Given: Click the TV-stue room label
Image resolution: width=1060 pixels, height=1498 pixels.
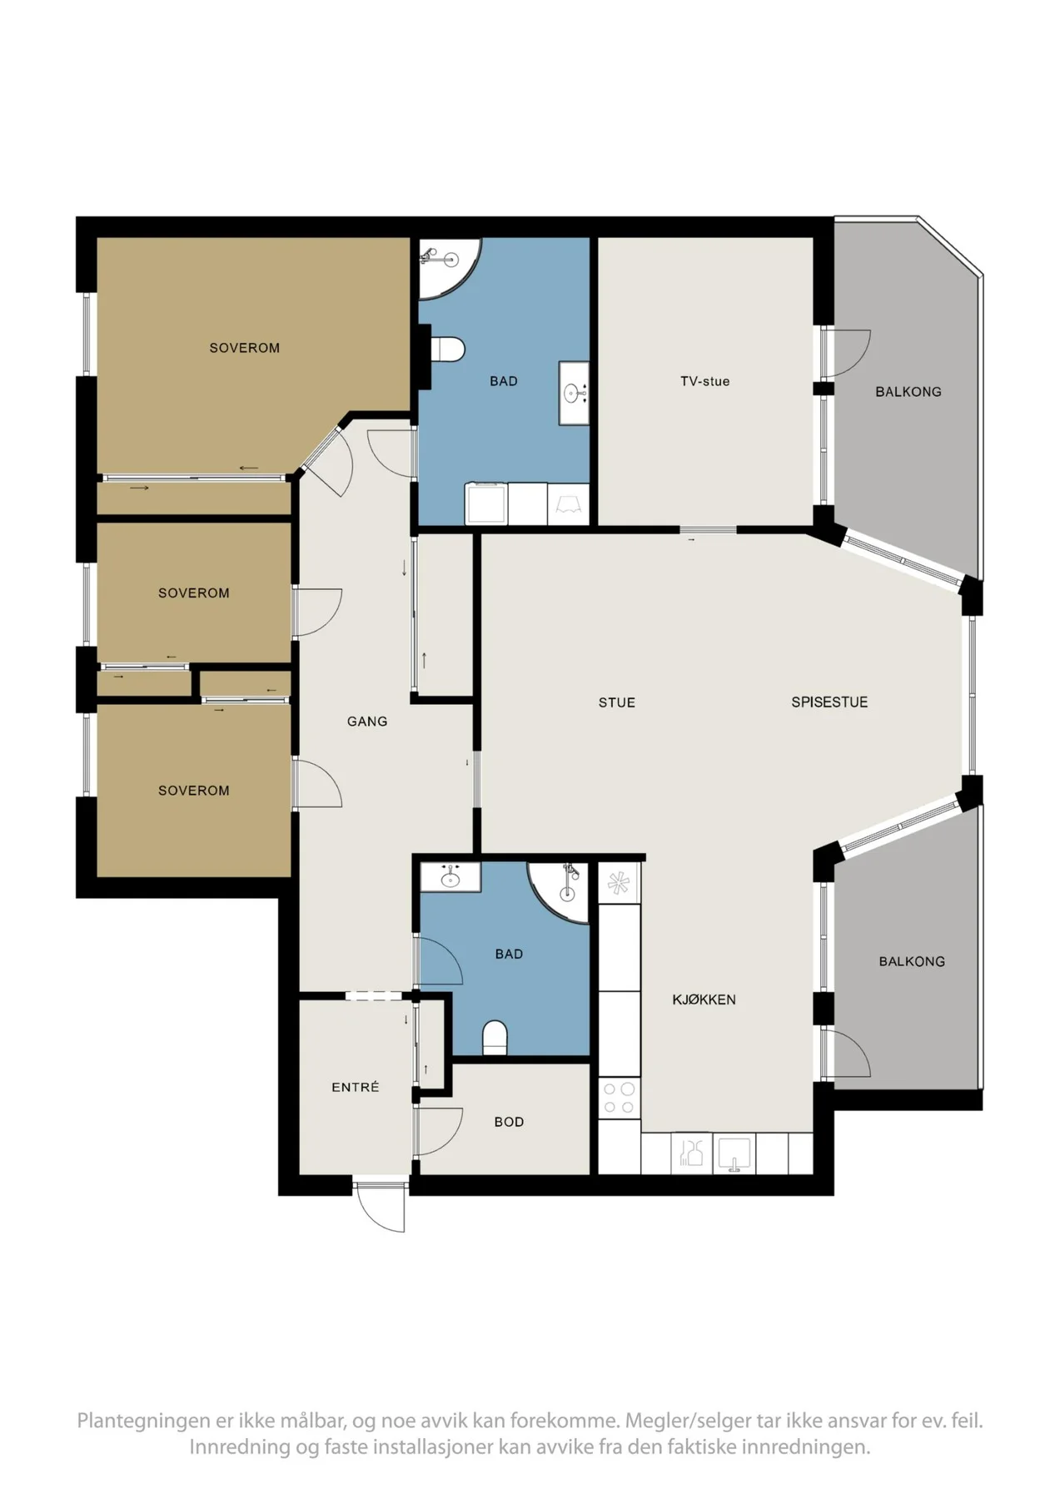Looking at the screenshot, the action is (x=704, y=381).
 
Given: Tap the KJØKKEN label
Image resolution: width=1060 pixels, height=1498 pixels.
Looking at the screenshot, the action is (x=704, y=999).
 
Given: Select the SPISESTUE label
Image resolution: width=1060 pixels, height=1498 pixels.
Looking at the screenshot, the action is (x=829, y=702).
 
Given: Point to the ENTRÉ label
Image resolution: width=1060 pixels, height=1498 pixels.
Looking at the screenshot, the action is (x=355, y=1087).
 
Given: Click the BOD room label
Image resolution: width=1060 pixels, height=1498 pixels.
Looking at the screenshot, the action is (x=509, y=1122).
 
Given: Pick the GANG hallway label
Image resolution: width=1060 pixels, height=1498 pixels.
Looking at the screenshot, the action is (x=367, y=722).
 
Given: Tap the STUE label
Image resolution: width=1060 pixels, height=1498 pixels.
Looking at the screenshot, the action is (x=616, y=702).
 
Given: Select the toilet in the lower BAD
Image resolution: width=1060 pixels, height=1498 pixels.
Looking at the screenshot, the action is (x=495, y=1038).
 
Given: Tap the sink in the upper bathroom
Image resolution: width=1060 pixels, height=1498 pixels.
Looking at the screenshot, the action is (x=574, y=393).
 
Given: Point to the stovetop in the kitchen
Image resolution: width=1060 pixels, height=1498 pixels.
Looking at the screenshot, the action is (x=619, y=1098).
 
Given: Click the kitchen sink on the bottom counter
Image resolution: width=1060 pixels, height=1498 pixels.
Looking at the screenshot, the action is (x=734, y=1153).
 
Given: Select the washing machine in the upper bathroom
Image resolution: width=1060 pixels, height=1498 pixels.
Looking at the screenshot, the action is (x=486, y=503).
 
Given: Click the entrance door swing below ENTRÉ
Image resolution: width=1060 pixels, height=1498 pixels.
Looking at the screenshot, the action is (x=381, y=1207).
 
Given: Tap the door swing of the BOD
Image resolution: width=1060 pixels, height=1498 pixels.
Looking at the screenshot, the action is (x=439, y=1131).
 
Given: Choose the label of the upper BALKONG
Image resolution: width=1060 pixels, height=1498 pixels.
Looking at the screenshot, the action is (x=908, y=391).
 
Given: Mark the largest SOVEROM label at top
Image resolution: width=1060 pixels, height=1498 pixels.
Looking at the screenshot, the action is (x=244, y=348).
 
